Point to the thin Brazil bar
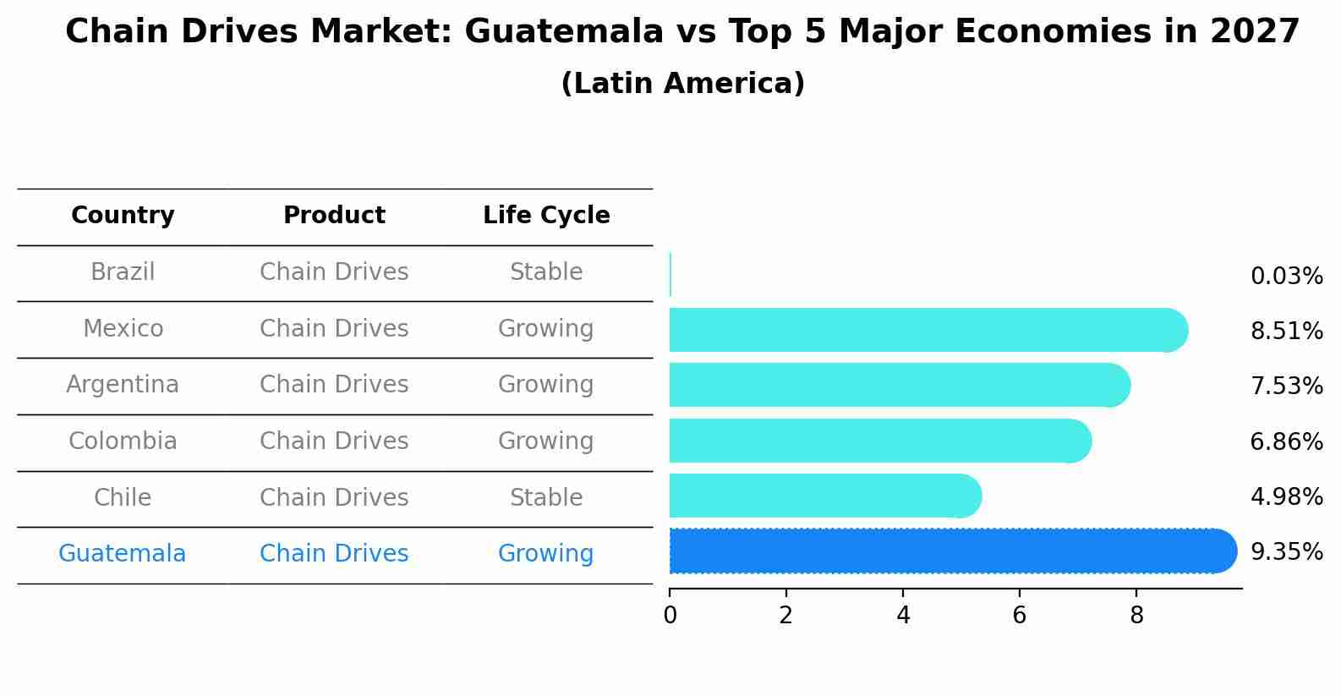(670, 274)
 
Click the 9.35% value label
(1286, 552)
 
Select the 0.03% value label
(1286, 277)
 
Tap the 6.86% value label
(1286, 441)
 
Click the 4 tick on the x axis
(903, 616)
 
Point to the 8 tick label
(1136, 616)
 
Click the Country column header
(123, 216)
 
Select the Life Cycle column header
(546, 216)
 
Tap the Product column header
(334, 216)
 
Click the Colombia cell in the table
(123, 441)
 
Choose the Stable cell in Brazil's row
(546, 272)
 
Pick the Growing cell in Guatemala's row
(546, 554)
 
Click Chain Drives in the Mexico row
(334, 329)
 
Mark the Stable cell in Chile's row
(546, 498)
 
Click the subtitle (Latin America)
(682, 84)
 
